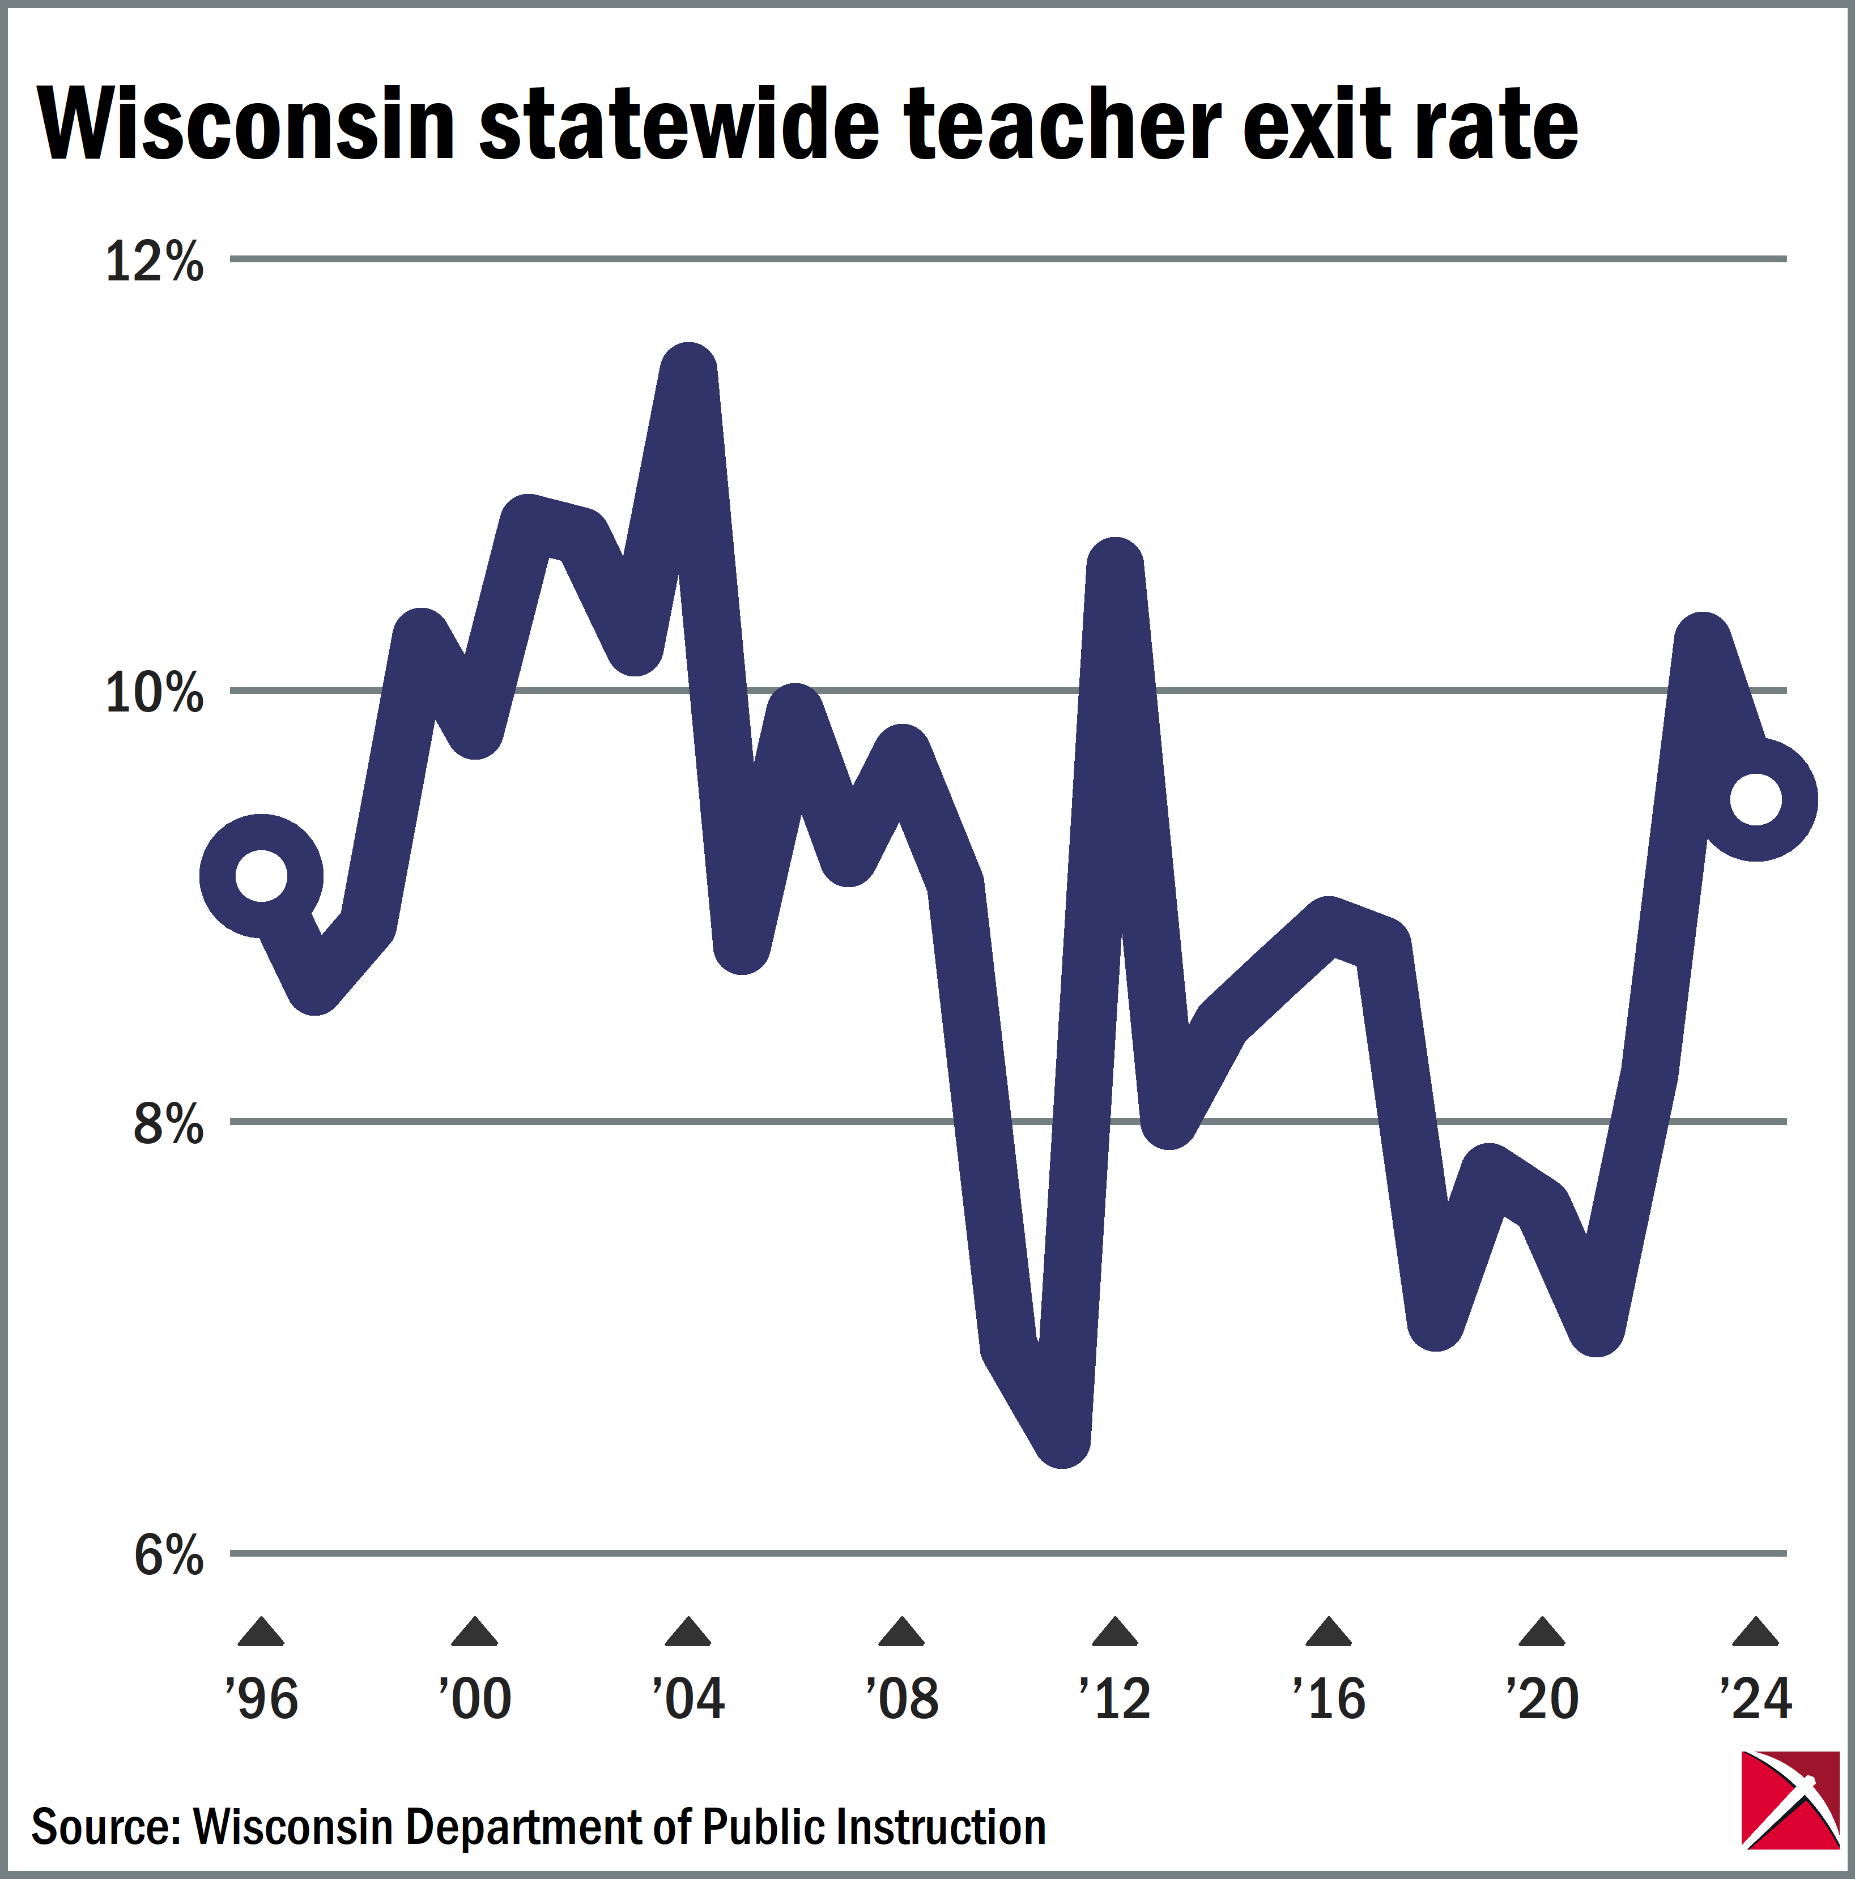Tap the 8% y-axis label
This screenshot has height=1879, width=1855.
click(x=167, y=1124)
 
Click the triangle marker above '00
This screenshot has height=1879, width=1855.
click(x=475, y=1633)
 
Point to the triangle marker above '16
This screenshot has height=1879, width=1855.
click(x=1329, y=1633)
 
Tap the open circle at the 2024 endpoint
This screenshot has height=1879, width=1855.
click(x=1756, y=799)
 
